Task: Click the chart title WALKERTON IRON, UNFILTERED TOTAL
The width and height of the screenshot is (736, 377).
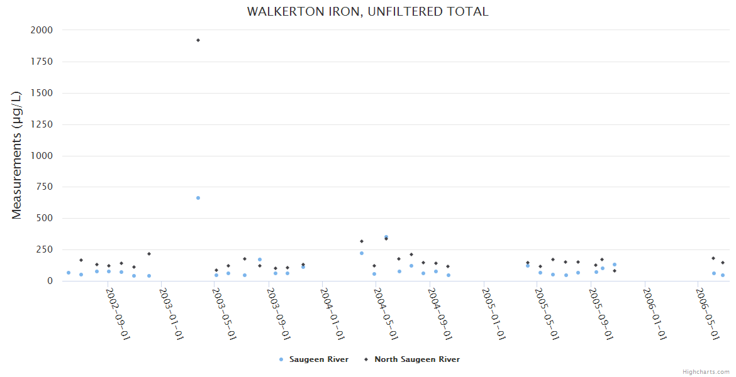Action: tap(367, 12)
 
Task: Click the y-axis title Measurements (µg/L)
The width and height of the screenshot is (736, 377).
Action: tap(17, 155)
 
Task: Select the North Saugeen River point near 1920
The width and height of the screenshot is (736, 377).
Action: tap(198, 40)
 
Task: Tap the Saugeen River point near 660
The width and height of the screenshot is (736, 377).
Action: tap(198, 198)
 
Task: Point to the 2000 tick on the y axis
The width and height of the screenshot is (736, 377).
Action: tap(42, 30)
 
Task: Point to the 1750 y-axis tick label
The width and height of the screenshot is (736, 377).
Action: tap(42, 62)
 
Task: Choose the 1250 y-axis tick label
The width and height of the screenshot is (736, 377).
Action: tap(42, 124)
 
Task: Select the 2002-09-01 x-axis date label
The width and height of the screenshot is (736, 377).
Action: tap(118, 314)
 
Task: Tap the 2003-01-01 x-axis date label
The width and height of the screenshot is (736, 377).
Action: tap(171, 314)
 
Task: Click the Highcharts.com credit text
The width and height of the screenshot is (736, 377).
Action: tap(706, 372)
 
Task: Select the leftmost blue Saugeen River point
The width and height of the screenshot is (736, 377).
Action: tap(69, 273)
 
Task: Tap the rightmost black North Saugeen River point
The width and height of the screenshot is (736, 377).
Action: tap(723, 263)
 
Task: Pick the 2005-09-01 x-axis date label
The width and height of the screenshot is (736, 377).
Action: tap(601, 314)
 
